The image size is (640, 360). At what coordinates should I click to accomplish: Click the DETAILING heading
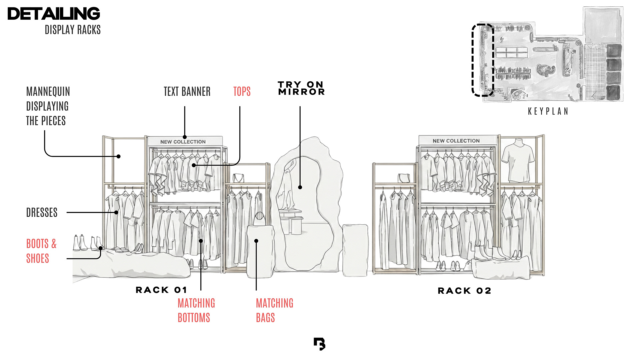pos(54,14)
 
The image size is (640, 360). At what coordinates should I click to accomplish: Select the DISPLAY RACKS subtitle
pos(73,30)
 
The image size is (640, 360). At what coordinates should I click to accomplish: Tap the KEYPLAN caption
pos(548,111)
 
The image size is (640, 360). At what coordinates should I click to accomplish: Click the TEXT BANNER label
pos(187,91)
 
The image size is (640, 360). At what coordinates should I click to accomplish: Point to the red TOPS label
pos(242,91)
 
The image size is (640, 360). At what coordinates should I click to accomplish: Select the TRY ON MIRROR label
pos(301,88)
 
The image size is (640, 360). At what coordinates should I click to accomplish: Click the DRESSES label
pos(42,212)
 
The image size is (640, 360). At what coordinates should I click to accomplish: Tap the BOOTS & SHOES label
pos(41,251)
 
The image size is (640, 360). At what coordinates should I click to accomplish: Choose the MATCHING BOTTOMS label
pos(196,310)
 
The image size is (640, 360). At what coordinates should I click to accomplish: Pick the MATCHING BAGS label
pos(274,310)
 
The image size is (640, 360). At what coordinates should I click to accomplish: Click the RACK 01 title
pos(161,290)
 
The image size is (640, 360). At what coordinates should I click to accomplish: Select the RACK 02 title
pos(464,291)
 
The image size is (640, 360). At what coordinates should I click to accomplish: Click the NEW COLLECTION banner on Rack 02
pos(456,141)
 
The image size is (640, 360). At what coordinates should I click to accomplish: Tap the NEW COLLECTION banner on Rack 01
pos(183,142)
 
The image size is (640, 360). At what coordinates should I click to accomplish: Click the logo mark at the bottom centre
pos(319,344)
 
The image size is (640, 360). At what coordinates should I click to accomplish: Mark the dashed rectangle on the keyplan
pos(482,60)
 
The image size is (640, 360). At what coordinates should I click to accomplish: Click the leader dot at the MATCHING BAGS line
pos(256,241)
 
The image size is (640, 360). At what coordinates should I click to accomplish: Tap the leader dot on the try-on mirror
pos(300,187)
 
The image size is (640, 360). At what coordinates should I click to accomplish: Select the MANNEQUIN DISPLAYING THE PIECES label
pos(48,106)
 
